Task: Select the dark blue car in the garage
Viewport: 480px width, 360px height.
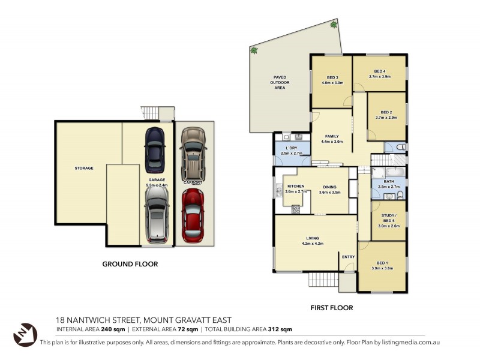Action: point(154,150)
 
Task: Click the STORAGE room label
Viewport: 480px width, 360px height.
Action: point(84,168)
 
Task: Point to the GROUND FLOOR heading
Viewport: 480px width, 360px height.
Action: point(130,263)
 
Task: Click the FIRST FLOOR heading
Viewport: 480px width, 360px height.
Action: point(331,308)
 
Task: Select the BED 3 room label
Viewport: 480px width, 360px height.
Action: point(332,77)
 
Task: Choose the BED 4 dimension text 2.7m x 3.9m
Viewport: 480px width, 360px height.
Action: point(379,77)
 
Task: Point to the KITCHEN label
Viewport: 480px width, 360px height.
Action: point(296,187)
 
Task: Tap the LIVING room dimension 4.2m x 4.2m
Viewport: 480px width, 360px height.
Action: point(313,243)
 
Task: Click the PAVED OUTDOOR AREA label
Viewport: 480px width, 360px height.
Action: point(280,82)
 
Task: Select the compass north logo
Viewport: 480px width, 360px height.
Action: point(25,334)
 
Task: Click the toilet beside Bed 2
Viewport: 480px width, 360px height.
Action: point(401,147)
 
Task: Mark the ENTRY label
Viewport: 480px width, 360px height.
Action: point(348,257)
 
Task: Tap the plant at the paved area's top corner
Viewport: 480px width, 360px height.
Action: point(334,25)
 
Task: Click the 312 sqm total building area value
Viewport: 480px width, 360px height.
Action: point(280,329)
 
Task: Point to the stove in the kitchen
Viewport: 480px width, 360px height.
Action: point(296,209)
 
